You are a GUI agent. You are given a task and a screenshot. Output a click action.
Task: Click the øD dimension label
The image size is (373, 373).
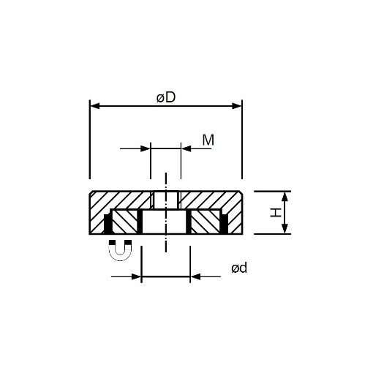tap(165, 97)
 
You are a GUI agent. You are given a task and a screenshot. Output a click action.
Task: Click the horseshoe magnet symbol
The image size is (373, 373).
tap(120, 250)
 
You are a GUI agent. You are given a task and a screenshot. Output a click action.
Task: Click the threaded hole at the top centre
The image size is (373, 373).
tap(165, 199)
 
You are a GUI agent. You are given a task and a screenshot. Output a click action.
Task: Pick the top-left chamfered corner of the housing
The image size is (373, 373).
tap(91, 193)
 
